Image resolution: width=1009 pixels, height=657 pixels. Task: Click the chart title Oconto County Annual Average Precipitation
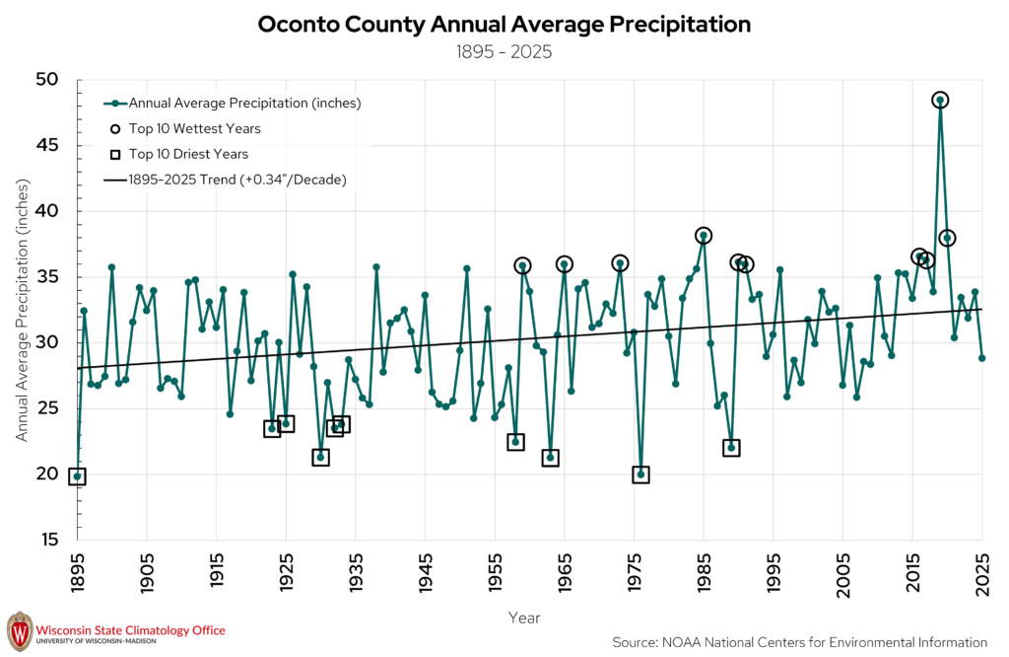pyautogui.click(x=504, y=25)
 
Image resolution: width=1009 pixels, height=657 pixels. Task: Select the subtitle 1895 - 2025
pyautogui.click(x=504, y=52)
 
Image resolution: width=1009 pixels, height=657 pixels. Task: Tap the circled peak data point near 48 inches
pyautogui.click(x=940, y=101)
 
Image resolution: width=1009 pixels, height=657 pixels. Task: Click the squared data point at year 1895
pyautogui.click(x=77, y=476)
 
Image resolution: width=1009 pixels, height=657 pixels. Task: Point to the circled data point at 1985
pyautogui.click(x=704, y=236)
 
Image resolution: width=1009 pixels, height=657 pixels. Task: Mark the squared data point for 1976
pyautogui.click(x=640, y=474)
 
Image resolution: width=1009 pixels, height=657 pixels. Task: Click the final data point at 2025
pyautogui.click(x=982, y=358)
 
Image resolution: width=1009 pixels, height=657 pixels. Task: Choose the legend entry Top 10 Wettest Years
pyautogui.click(x=185, y=129)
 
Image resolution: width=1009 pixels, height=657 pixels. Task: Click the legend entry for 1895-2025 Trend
pyautogui.click(x=226, y=180)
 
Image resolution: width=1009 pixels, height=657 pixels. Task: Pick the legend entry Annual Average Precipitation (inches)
pyautogui.click(x=233, y=103)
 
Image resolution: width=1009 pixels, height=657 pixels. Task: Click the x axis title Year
pyautogui.click(x=524, y=619)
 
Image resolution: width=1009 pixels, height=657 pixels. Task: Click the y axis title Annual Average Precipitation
pyautogui.click(x=23, y=310)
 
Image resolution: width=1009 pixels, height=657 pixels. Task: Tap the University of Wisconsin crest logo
pyautogui.click(x=20, y=631)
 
